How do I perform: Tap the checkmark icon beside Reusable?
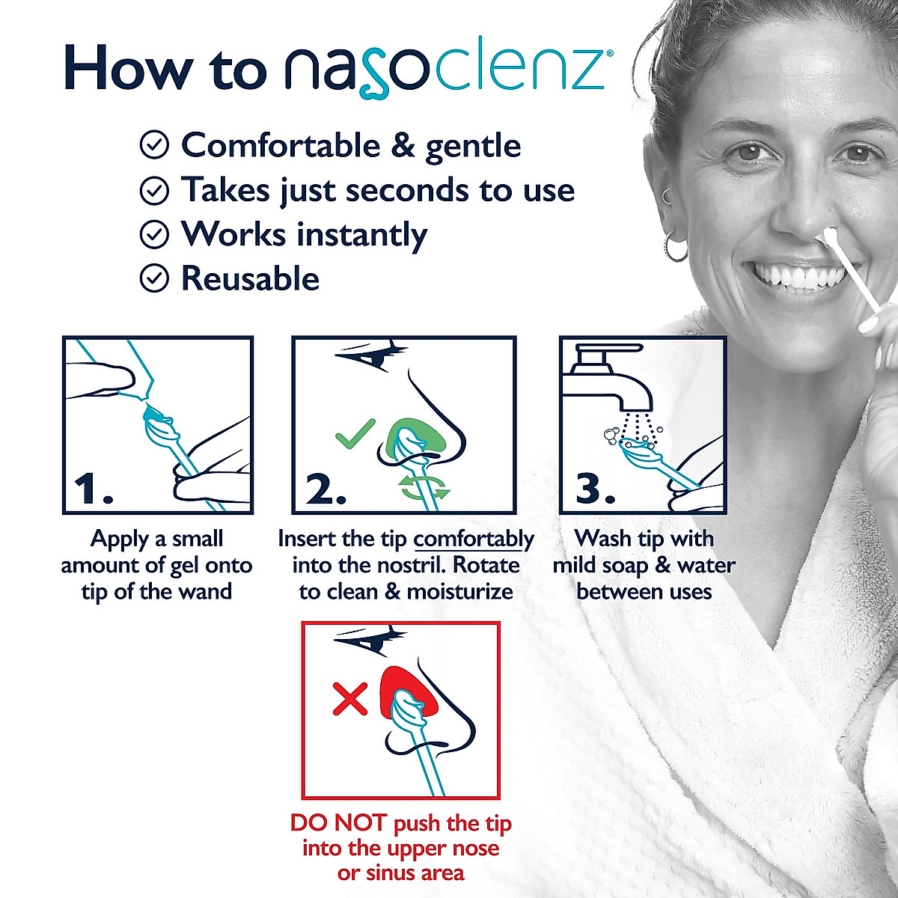[x=154, y=279]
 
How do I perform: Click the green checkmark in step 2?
[x=354, y=433]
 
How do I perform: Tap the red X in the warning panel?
[x=350, y=700]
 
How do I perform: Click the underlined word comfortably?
[x=474, y=539]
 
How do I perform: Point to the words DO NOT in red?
[x=338, y=824]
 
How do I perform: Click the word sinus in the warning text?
[x=394, y=873]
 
